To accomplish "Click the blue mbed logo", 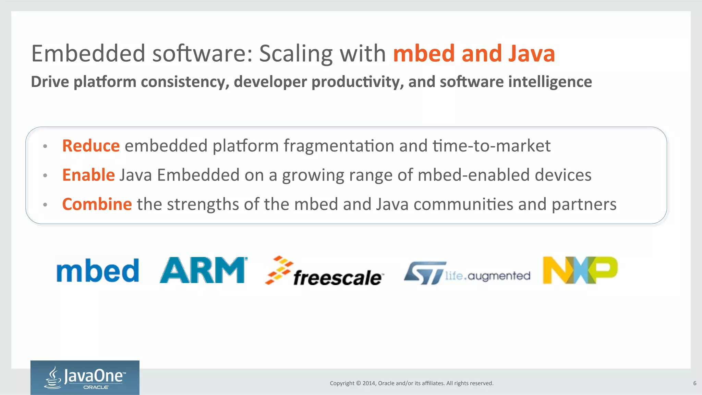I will tap(98, 271).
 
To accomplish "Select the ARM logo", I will tap(203, 270).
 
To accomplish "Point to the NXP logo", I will tap(580, 270).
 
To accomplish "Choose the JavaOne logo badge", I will tap(85, 377).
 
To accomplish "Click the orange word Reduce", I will tap(91, 146).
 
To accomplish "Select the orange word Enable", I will tap(88, 175).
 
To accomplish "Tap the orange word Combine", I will tap(97, 204).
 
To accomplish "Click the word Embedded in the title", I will tap(88, 54).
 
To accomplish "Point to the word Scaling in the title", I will tap(295, 54).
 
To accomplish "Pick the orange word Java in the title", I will tap(532, 54).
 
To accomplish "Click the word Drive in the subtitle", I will tap(50, 82).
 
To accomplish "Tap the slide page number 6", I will tap(695, 383).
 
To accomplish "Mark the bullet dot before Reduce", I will tap(45, 147).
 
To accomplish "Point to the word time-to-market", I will tap(491, 146).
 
